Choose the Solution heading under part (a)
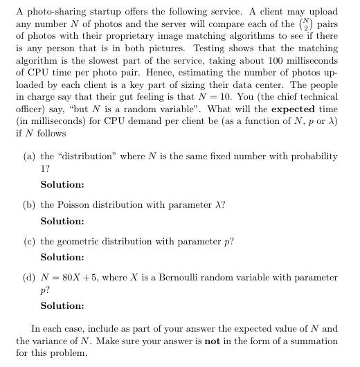62,184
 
